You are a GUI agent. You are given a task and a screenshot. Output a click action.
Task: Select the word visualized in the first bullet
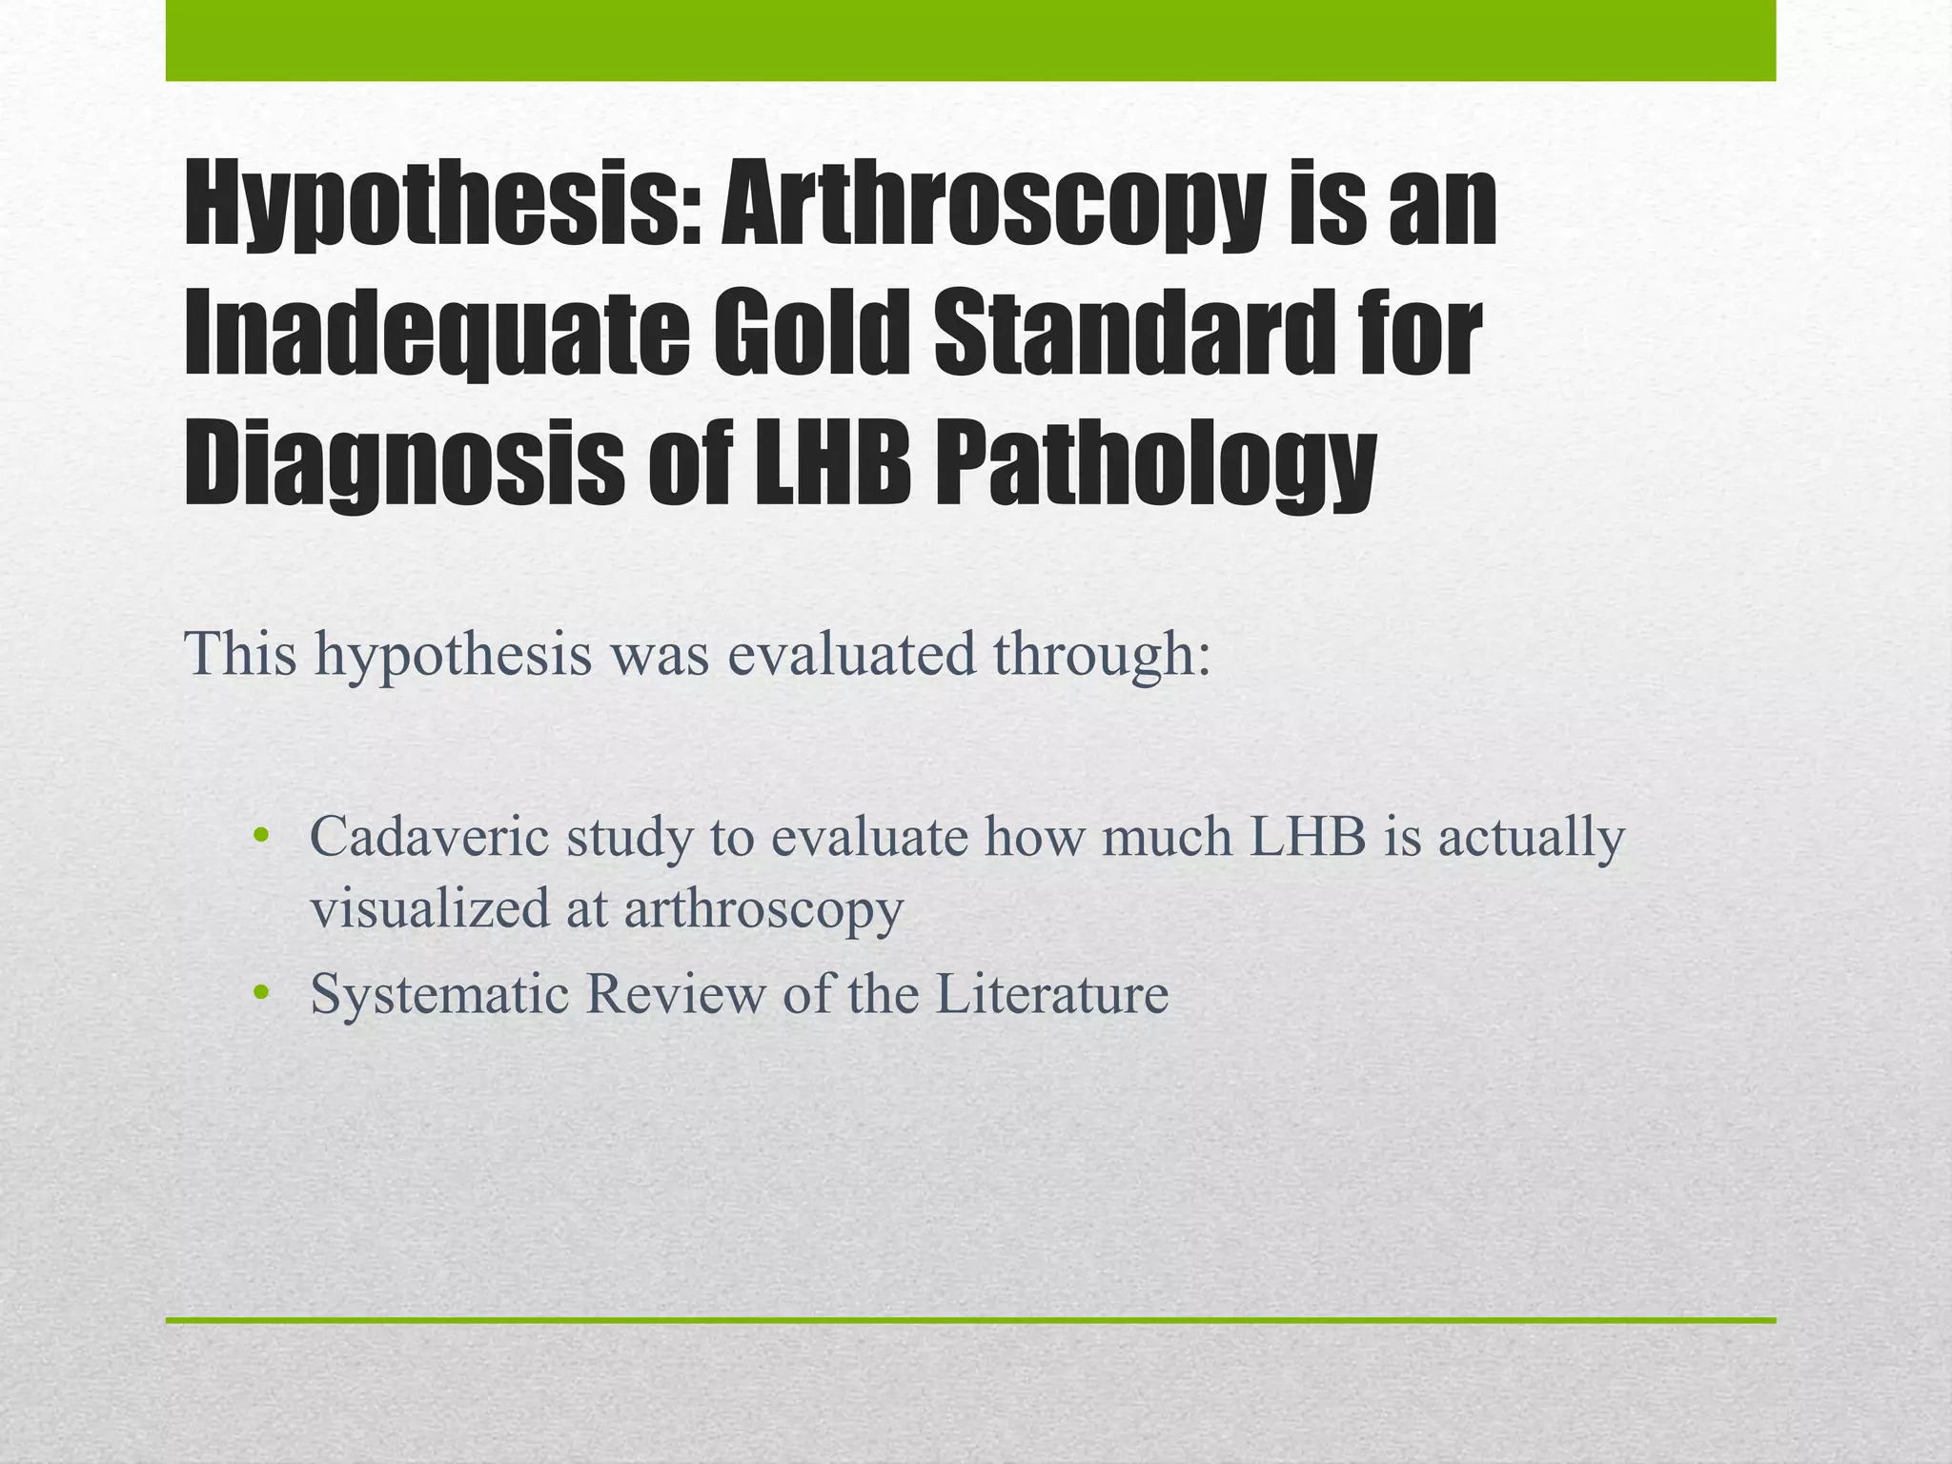click(430, 908)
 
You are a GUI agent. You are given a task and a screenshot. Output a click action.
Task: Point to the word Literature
click(1051, 994)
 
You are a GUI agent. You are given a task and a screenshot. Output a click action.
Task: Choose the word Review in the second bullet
click(675, 994)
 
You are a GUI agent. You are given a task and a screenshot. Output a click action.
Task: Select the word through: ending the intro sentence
click(1102, 655)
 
